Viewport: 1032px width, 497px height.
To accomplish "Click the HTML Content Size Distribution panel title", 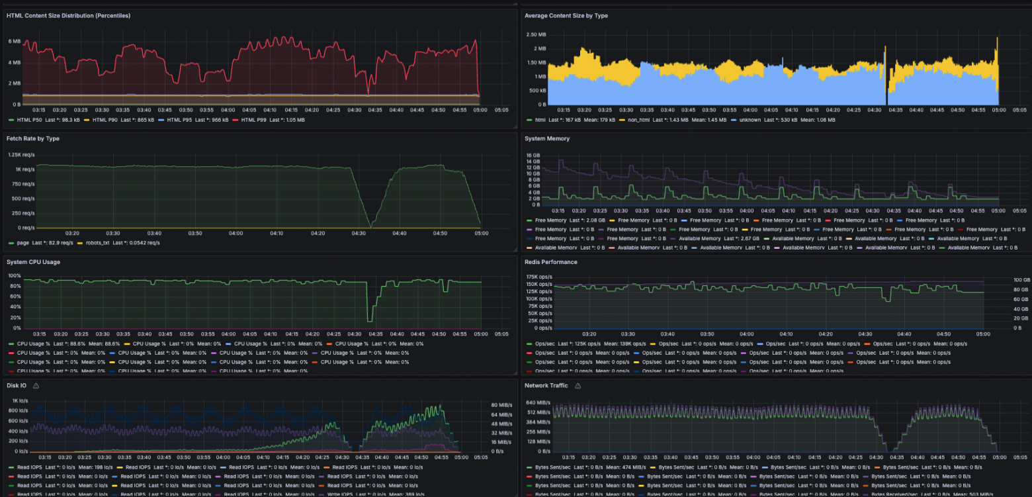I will (x=67, y=15).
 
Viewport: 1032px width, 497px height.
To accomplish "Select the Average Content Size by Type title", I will (x=566, y=15).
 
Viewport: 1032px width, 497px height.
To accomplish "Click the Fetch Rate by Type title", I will (x=33, y=138).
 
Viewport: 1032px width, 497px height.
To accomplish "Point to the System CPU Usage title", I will (x=33, y=262).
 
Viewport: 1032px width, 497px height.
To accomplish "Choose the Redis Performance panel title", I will (x=550, y=262).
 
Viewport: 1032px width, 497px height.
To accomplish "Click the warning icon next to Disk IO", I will (x=36, y=386).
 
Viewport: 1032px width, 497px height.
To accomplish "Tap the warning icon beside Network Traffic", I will (x=578, y=386).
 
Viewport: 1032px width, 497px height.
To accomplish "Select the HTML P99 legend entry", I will (x=253, y=120).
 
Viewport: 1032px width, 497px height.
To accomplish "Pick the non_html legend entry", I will (x=635, y=120).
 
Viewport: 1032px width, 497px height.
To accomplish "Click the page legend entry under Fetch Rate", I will (x=22, y=243).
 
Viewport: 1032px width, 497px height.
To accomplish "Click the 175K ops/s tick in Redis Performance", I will (x=538, y=277).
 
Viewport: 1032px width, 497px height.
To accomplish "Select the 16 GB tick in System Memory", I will (x=533, y=156).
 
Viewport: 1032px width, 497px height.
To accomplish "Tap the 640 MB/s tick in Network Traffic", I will (x=538, y=402).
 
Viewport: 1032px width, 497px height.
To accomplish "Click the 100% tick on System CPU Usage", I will (x=14, y=276).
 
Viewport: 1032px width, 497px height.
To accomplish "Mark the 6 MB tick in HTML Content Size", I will (x=14, y=41).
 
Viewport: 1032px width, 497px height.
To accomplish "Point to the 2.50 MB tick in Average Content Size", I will (x=537, y=34).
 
